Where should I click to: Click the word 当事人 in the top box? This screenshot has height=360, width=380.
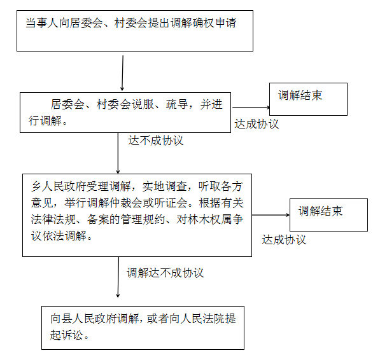point(42,24)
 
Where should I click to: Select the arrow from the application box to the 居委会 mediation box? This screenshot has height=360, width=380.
point(122,73)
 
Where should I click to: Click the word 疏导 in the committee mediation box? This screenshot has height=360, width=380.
point(177,104)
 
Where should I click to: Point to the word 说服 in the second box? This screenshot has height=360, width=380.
point(143,104)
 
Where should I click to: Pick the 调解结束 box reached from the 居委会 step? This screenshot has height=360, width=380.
point(308,99)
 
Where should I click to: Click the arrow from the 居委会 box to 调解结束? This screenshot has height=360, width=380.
point(251,107)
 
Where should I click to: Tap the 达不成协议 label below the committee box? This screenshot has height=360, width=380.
point(155,141)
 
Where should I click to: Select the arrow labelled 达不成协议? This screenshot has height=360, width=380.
point(118,153)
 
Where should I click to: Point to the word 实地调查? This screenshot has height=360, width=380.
point(164,186)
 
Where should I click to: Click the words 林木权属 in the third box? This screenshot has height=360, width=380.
point(209,219)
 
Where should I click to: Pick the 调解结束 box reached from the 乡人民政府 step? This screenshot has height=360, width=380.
point(328,215)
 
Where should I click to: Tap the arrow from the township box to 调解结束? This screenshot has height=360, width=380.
point(271,215)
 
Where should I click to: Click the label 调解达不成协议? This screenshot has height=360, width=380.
point(165,273)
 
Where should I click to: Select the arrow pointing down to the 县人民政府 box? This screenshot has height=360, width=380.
point(118,277)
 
